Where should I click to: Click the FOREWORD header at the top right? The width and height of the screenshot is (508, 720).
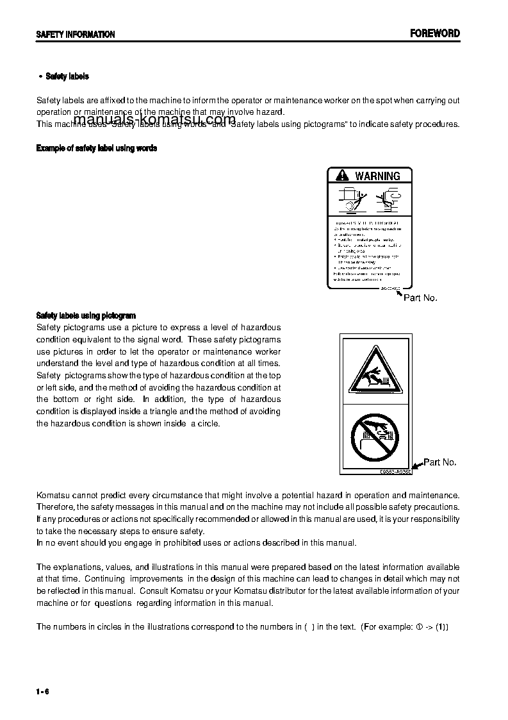(x=435, y=33)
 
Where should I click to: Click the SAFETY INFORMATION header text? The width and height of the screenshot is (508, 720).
(x=76, y=35)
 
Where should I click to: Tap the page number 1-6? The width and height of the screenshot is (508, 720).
(x=43, y=691)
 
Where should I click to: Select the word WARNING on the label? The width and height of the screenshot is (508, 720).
(x=377, y=176)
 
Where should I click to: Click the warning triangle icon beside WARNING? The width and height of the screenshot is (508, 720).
(x=343, y=176)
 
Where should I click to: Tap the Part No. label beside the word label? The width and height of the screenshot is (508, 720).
(x=420, y=298)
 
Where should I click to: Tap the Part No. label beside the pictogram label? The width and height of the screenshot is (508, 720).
(x=440, y=462)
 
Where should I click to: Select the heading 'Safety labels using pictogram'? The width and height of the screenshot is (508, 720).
(x=86, y=315)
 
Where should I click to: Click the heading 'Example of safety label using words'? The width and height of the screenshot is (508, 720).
(x=97, y=148)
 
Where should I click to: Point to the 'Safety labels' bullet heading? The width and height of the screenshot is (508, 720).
(x=67, y=76)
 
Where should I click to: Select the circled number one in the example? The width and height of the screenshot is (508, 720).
(x=420, y=626)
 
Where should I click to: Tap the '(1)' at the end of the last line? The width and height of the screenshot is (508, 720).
(x=442, y=626)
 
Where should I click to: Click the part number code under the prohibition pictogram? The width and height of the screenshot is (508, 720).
(x=395, y=471)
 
